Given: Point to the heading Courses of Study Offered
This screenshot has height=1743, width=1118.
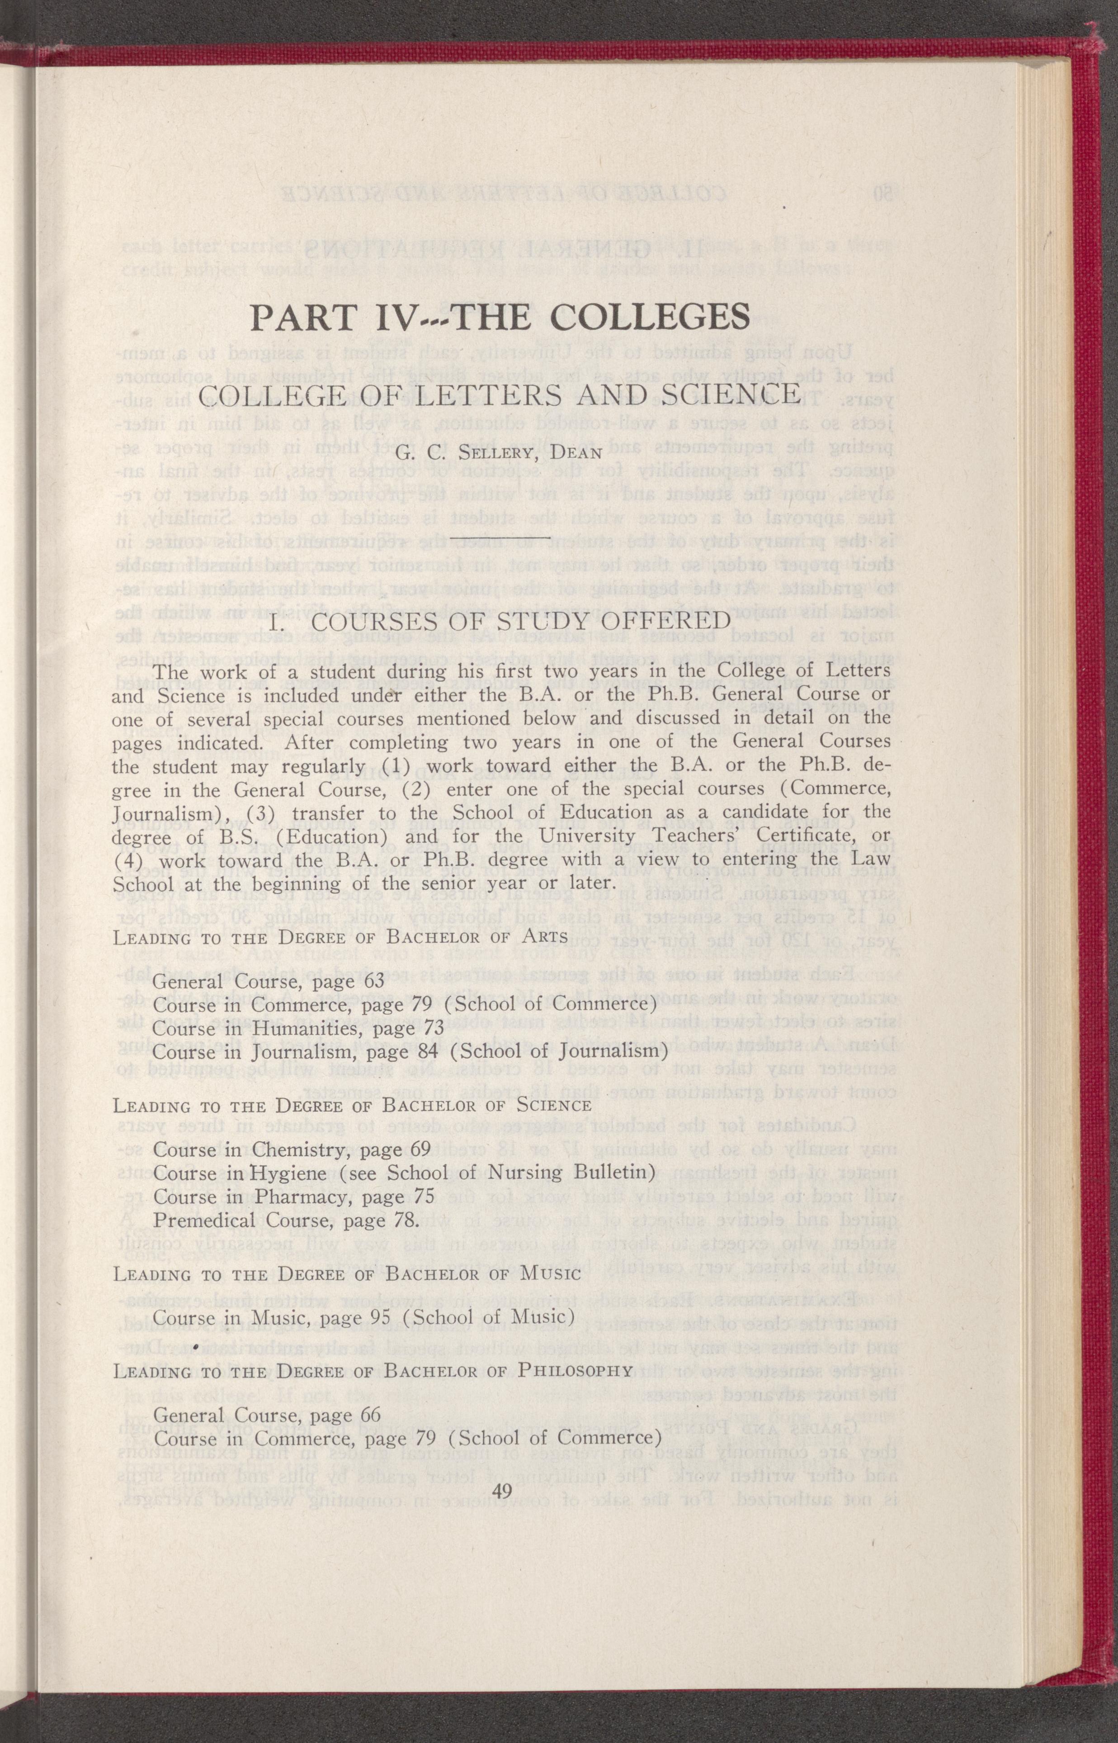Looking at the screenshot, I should (x=498, y=623).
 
